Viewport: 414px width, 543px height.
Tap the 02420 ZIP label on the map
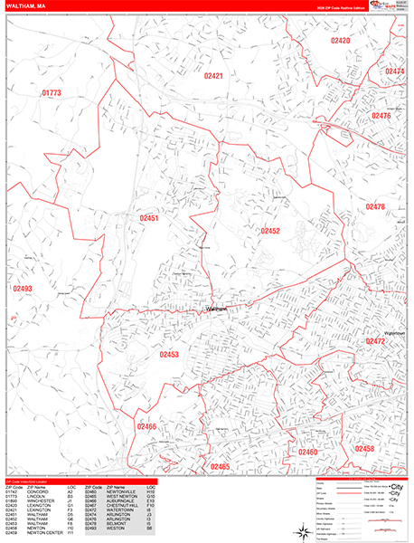pyautogui.click(x=340, y=41)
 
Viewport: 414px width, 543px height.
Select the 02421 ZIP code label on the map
pyautogui.click(x=213, y=77)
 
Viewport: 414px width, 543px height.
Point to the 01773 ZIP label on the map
pyautogui.click(x=52, y=93)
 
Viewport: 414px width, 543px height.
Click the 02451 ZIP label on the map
pyautogui.click(x=149, y=218)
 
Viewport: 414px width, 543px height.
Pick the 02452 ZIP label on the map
pyautogui.click(x=270, y=231)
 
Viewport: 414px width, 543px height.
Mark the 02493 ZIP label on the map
pyautogui.click(x=23, y=289)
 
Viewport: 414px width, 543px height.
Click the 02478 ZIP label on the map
pyautogui.click(x=375, y=207)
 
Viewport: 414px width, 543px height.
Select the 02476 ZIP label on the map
pyautogui.click(x=381, y=116)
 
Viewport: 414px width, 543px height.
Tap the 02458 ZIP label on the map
pyautogui.click(x=364, y=449)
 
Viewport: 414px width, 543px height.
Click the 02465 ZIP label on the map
pyautogui.click(x=220, y=466)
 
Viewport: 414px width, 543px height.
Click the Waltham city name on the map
pyautogui.click(x=216, y=309)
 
